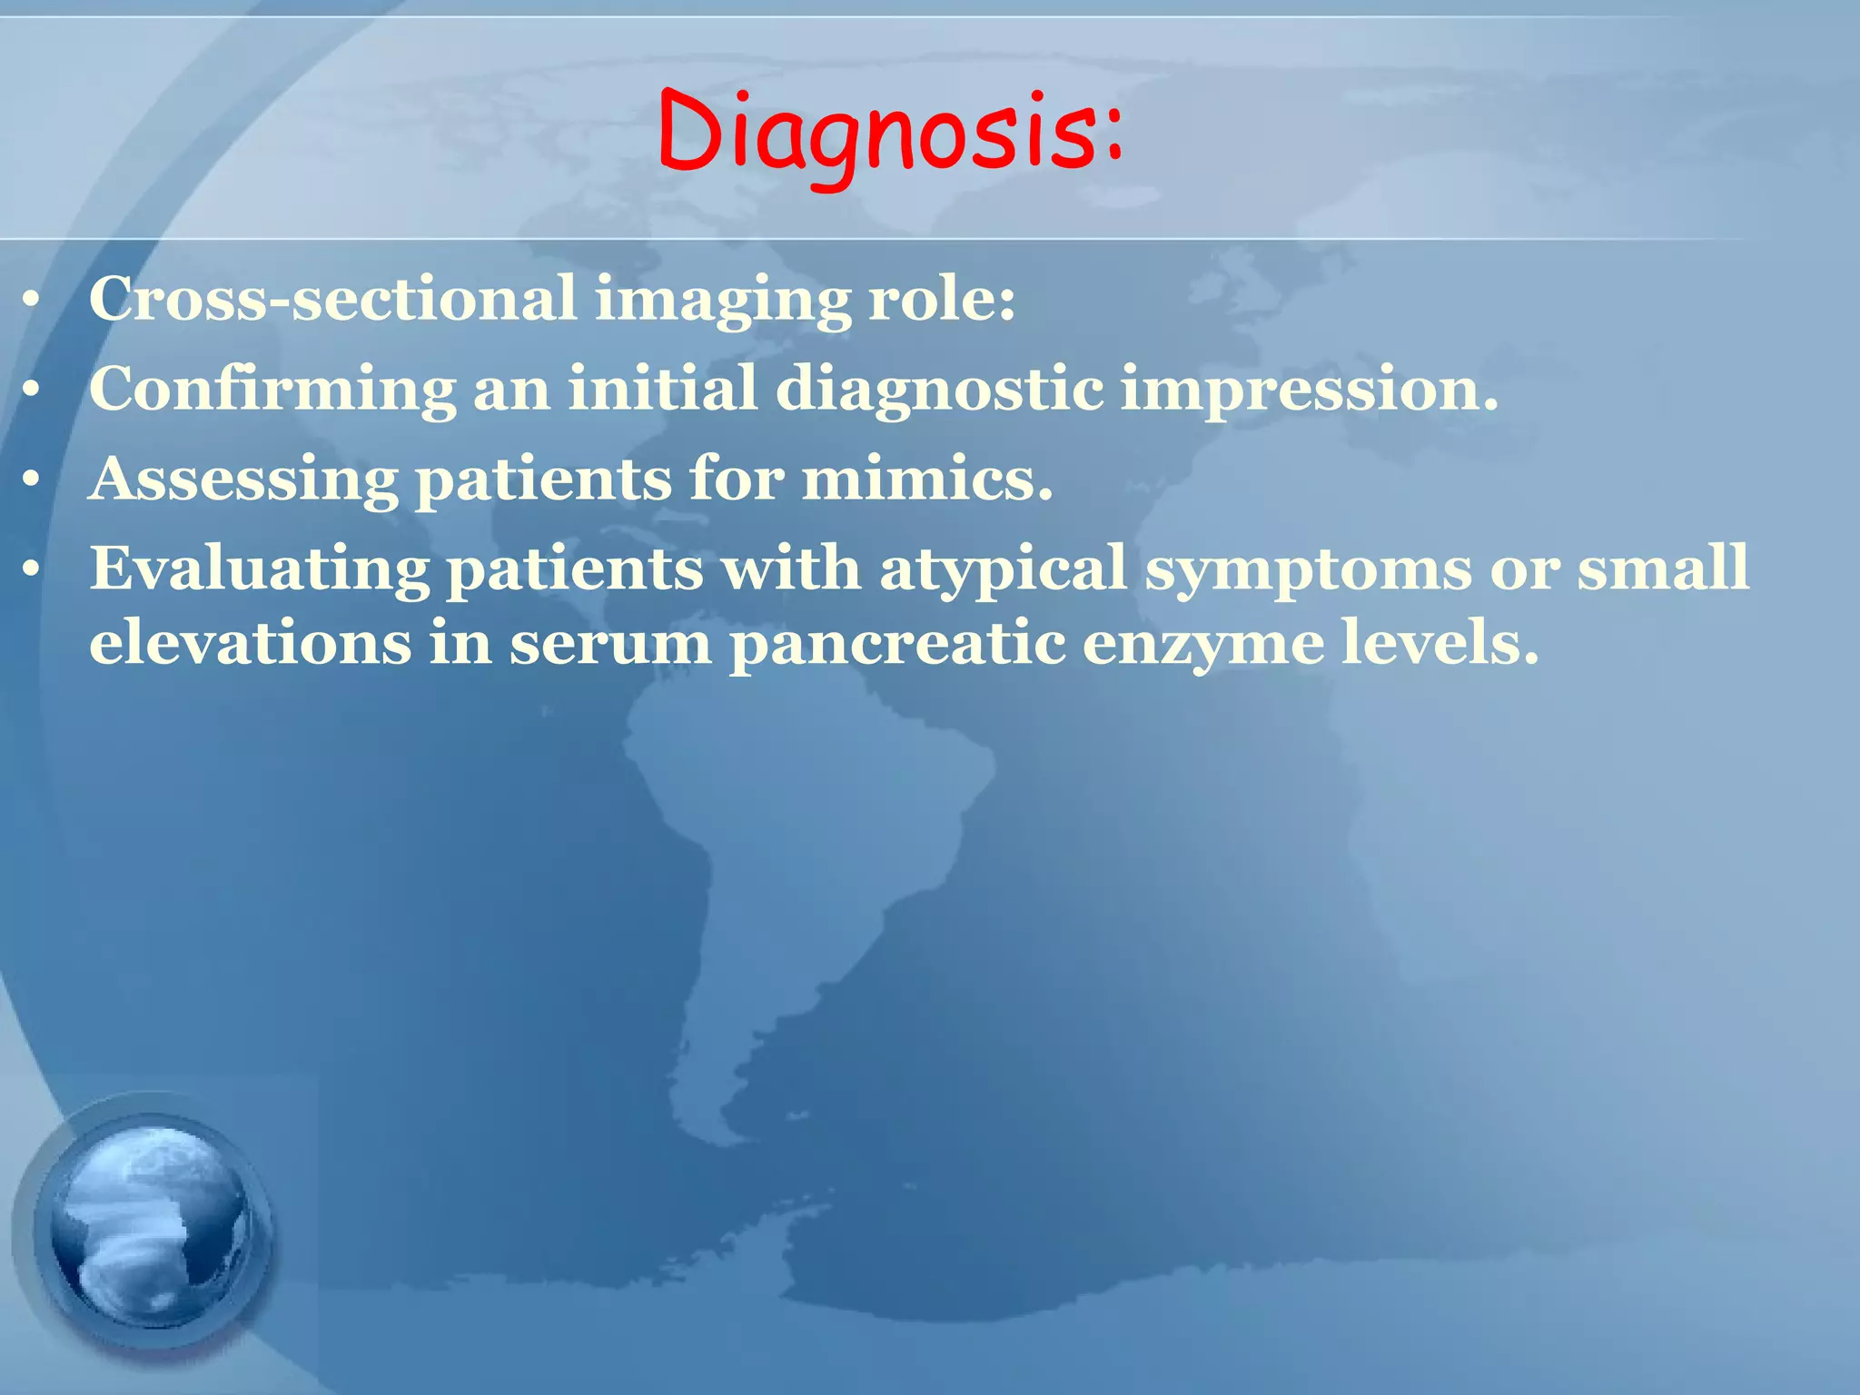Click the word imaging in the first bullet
[722, 300]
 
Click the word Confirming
[272, 389]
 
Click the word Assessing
[243, 479]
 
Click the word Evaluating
[259, 569]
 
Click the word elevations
[250, 642]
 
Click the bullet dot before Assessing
[32, 480]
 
